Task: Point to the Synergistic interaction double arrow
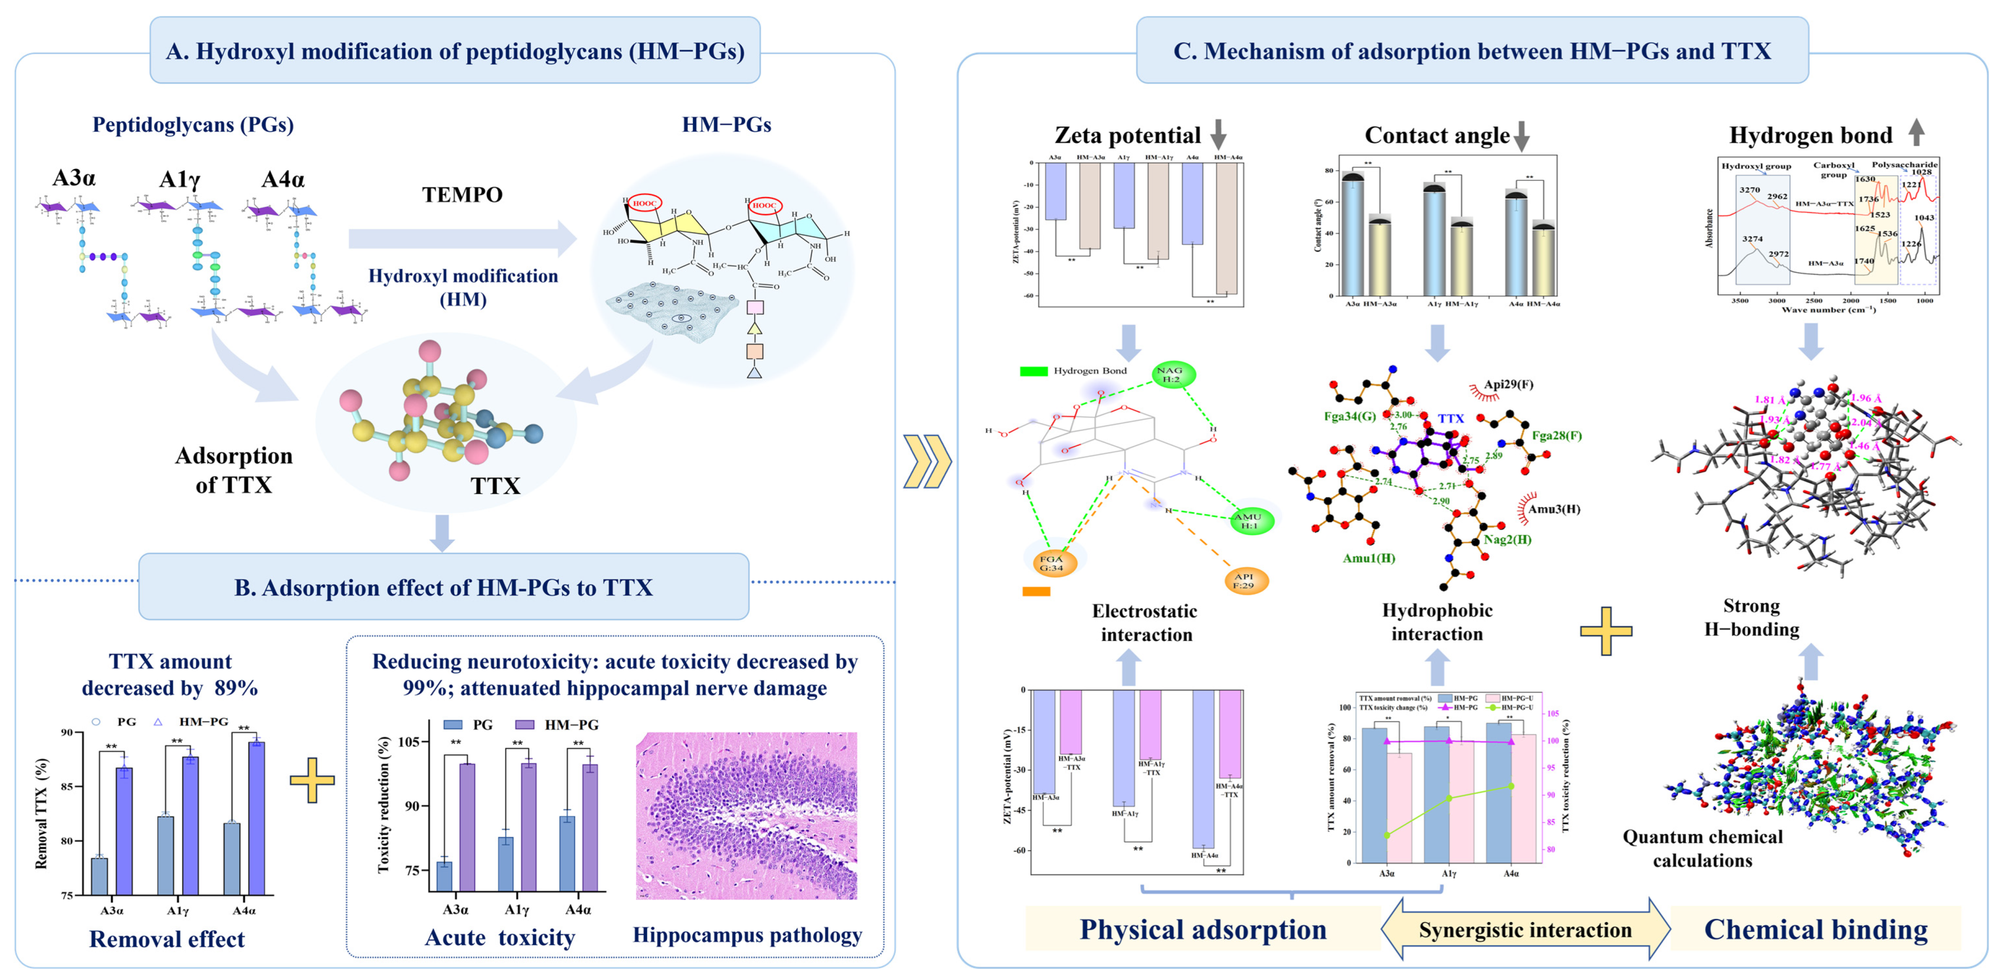tap(1525, 930)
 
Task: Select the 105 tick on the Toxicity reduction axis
tap(409, 742)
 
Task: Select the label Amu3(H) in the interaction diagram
tap(1553, 509)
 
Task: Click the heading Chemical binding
tap(1815, 930)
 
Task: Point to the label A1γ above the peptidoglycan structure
tap(179, 180)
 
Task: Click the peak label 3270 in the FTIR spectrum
tap(1749, 190)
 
